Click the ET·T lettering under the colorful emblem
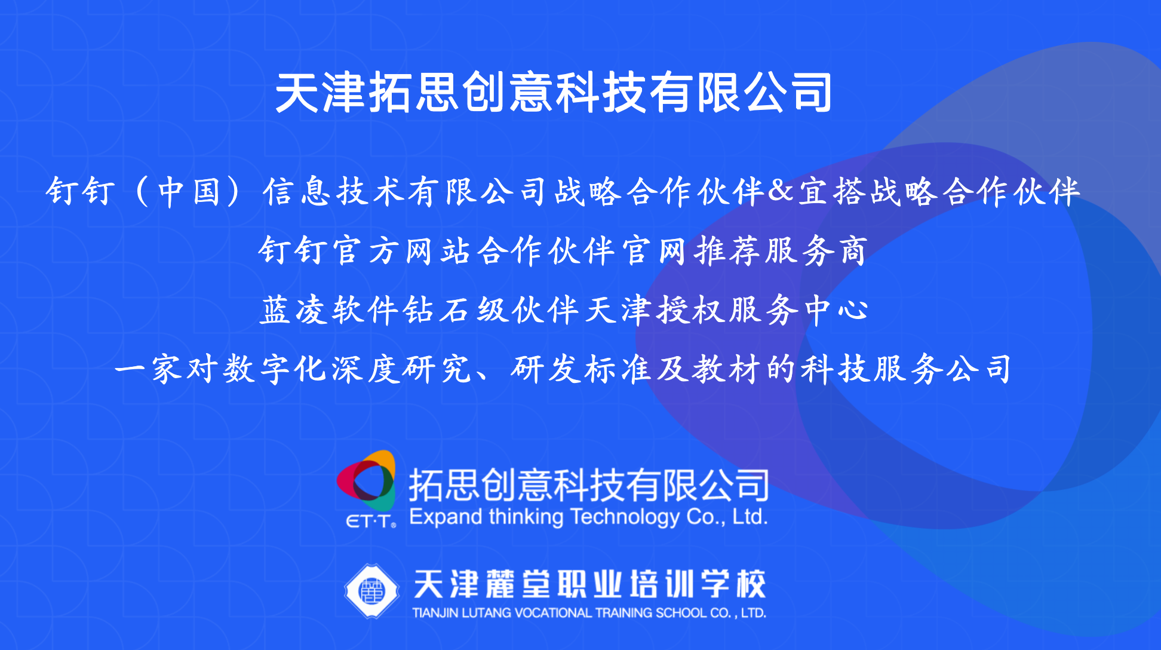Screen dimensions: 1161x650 (371, 522)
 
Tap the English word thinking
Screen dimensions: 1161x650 (526, 517)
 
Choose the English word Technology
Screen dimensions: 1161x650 (624, 517)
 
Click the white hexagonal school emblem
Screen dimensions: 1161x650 (371, 591)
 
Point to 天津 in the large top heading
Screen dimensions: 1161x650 (320, 92)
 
